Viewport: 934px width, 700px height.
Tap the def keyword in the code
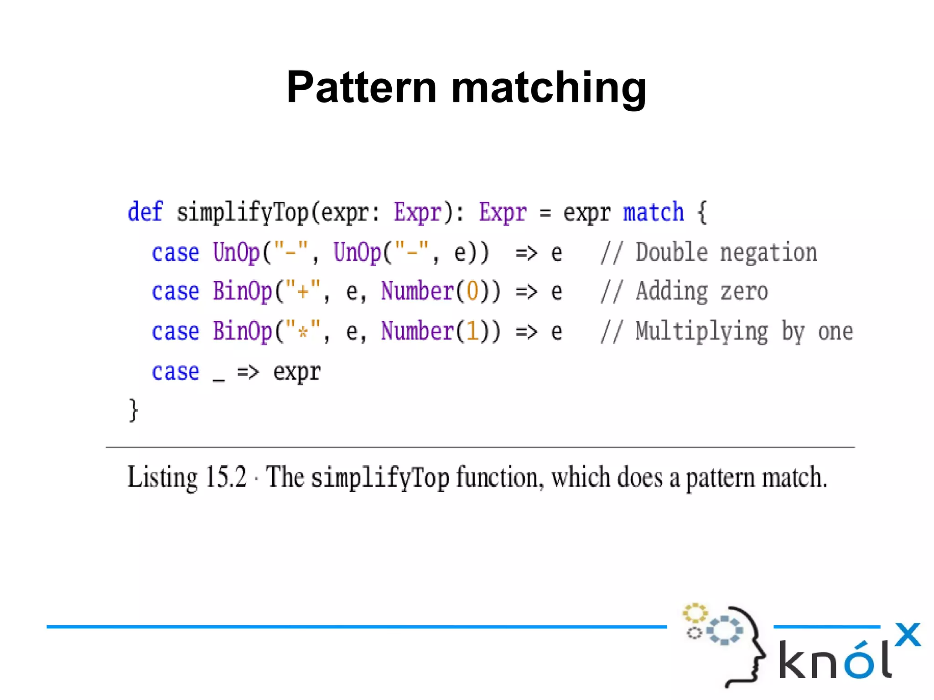(x=145, y=212)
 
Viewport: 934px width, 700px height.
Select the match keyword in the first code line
(x=654, y=212)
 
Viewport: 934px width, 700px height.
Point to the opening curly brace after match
(x=702, y=212)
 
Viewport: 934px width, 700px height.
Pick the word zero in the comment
(x=744, y=292)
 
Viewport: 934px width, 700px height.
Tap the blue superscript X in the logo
(x=908, y=634)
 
